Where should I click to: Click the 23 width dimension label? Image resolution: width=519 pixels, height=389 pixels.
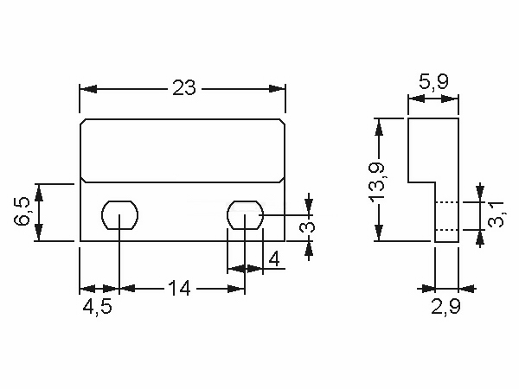click(x=184, y=88)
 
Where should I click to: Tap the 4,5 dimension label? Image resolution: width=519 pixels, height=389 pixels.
click(x=97, y=308)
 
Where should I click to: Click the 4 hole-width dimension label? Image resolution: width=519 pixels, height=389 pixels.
click(x=273, y=258)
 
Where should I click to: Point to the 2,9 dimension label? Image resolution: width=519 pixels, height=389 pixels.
click(x=446, y=308)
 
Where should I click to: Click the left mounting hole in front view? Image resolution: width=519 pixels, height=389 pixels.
click(x=119, y=214)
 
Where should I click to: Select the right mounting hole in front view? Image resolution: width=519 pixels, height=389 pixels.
click(x=246, y=214)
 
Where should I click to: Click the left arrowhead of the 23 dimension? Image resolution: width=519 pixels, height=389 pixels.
click(x=85, y=88)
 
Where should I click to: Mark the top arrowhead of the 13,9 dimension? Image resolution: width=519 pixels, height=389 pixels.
click(x=378, y=124)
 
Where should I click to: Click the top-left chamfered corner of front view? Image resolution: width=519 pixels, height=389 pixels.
click(x=83, y=123)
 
